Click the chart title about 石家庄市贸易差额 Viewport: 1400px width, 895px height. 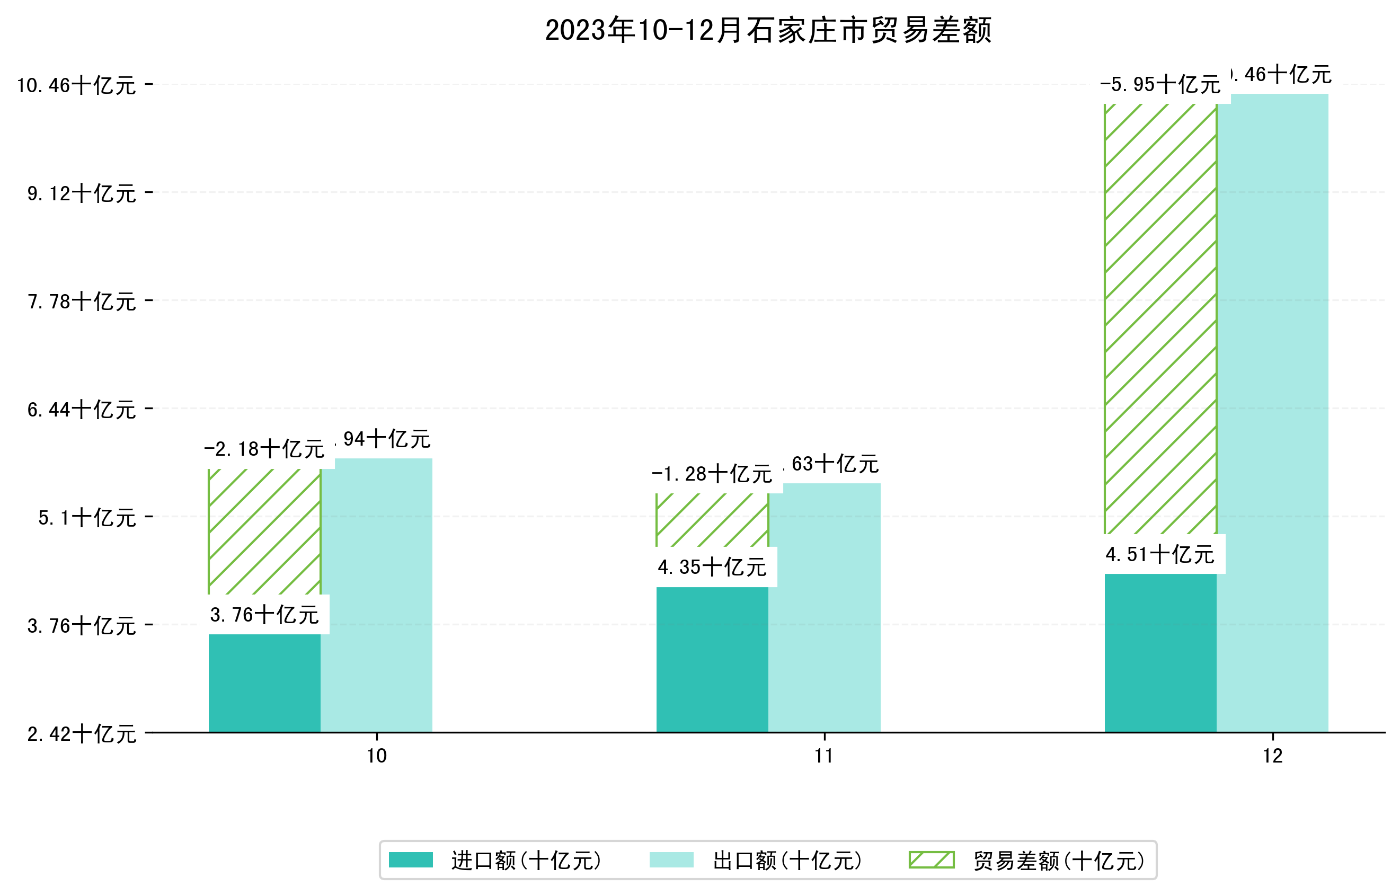pyautogui.click(x=768, y=30)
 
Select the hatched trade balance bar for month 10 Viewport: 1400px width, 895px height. pyautogui.click(x=264, y=531)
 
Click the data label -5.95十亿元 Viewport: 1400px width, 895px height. pyautogui.click(x=1160, y=85)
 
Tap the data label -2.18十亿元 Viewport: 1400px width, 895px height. pyautogui.click(x=264, y=449)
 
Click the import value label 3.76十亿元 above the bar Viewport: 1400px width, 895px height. pyautogui.click(x=264, y=615)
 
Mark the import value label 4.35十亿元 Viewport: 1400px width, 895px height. pyautogui.click(x=712, y=567)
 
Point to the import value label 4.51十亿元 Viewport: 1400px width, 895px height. pyautogui.click(x=1160, y=554)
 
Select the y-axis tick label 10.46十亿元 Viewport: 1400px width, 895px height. pyautogui.click(x=76, y=85)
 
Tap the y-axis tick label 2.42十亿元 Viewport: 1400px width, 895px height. pyautogui.click(x=82, y=734)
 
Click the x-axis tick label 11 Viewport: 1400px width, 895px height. pyautogui.click(x=824, y=756)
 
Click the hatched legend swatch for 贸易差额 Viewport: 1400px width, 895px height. pyautogui.click(x=932, y=860)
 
